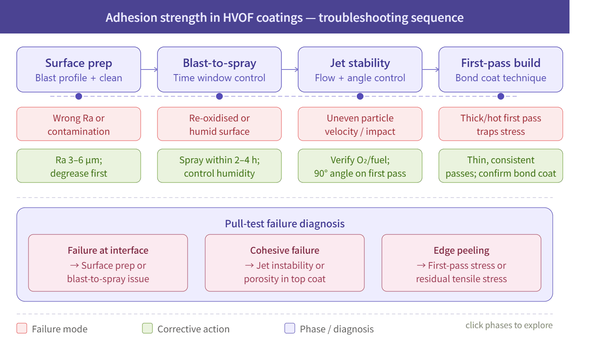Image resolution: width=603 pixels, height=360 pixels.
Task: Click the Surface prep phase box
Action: (79, 69)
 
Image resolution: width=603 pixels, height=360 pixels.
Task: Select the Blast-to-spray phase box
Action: (219, 69)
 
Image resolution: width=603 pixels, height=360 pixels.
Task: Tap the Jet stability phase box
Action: (360, 69)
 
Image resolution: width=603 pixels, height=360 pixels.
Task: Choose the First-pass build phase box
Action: (501, 69)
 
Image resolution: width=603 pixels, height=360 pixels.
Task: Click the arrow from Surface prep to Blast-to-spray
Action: (149, 69)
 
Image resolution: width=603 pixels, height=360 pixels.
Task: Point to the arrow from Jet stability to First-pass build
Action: (430, 69)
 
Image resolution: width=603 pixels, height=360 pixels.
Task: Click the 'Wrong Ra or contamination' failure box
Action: (79, 124)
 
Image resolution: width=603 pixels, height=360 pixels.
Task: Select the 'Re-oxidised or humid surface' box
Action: (219, 124)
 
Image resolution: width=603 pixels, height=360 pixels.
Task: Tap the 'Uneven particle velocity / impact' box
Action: (360, 124)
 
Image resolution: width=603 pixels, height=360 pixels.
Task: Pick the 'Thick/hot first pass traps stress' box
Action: (501, 124)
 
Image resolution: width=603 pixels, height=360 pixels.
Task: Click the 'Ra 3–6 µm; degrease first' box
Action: (79, 166)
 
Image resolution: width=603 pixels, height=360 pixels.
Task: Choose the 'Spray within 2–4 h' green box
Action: (219, 166)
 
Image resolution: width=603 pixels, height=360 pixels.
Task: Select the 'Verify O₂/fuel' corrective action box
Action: (360, 166)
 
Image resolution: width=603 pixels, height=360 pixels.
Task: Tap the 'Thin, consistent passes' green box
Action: (501, 166)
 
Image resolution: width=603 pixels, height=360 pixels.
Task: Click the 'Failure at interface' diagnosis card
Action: (108, 263)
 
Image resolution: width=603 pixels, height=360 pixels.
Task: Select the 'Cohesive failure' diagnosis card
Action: (285, 263)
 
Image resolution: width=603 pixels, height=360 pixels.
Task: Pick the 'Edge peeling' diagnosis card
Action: (461, 263)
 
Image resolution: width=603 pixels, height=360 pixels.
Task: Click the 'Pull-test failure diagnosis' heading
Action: (285, 224)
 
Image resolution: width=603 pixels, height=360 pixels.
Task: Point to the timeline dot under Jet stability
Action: (360, 96)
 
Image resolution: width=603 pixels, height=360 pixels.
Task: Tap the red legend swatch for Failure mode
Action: (22, 328)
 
